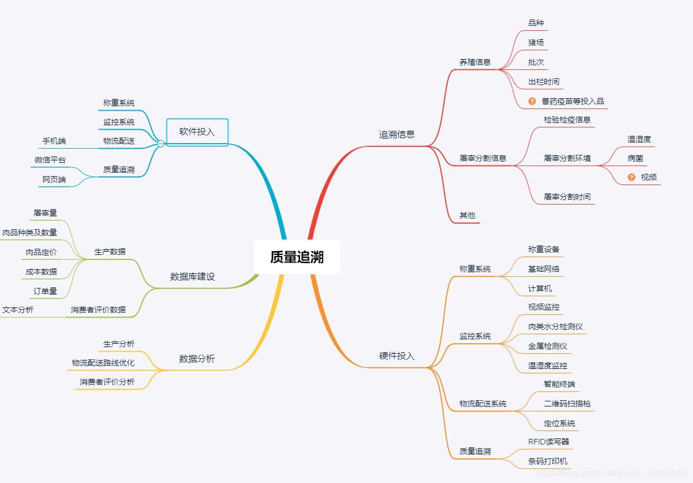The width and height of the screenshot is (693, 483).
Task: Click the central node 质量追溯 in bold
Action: pos(297,257)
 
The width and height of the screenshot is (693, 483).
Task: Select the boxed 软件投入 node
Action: pos(197,132)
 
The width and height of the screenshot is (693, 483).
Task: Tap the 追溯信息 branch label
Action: pos(397,134)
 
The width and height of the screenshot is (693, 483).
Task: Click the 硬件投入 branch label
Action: pos(397,356)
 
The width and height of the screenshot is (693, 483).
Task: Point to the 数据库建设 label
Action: pos(192,277)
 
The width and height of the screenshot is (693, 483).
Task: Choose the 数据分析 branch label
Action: pos(197,359)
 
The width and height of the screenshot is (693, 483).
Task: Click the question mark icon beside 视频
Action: pos(632,177)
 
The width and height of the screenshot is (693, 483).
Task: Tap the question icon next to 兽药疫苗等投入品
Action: pos(532,101)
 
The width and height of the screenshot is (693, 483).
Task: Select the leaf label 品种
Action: pos(536,23)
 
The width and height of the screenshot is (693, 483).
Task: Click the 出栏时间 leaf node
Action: pos(544,82)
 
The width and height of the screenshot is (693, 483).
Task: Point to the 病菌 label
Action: pos(635,158)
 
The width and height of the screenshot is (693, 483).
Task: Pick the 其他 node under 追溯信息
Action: pos(467,215)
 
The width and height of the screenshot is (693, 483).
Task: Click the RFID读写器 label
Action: pos(549,442)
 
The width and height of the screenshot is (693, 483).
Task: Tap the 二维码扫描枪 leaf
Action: pos(567,404)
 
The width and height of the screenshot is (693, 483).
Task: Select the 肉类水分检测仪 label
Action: pos(556,326)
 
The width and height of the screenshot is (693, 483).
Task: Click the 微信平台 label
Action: pos(50,160)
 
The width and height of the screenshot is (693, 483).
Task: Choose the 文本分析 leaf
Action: pos(18,310)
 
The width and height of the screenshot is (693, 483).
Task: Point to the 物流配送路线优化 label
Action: pos(103,363)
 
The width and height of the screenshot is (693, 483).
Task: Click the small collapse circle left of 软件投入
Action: pos(161,144)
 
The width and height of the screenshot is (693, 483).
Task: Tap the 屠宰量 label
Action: pos(45,213)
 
